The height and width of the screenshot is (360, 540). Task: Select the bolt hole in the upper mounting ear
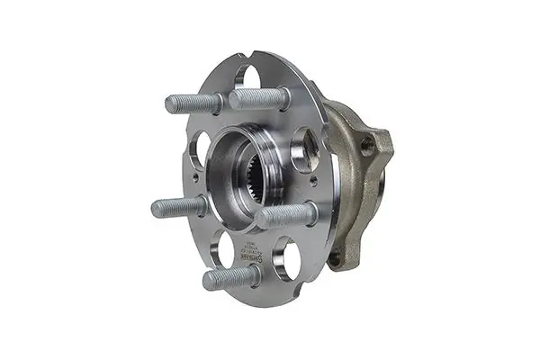pyautogui.click(x=367, y=147)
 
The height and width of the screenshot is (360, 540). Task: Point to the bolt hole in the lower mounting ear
pyautogui.click(x=335, y=257)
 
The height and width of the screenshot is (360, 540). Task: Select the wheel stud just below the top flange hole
pyautogui.click(x=261, y=98)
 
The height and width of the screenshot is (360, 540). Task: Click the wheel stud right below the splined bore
pyautogui.click(x=286, y=216)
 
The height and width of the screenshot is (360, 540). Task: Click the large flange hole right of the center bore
pyautogui.click(x=305, y=149)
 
